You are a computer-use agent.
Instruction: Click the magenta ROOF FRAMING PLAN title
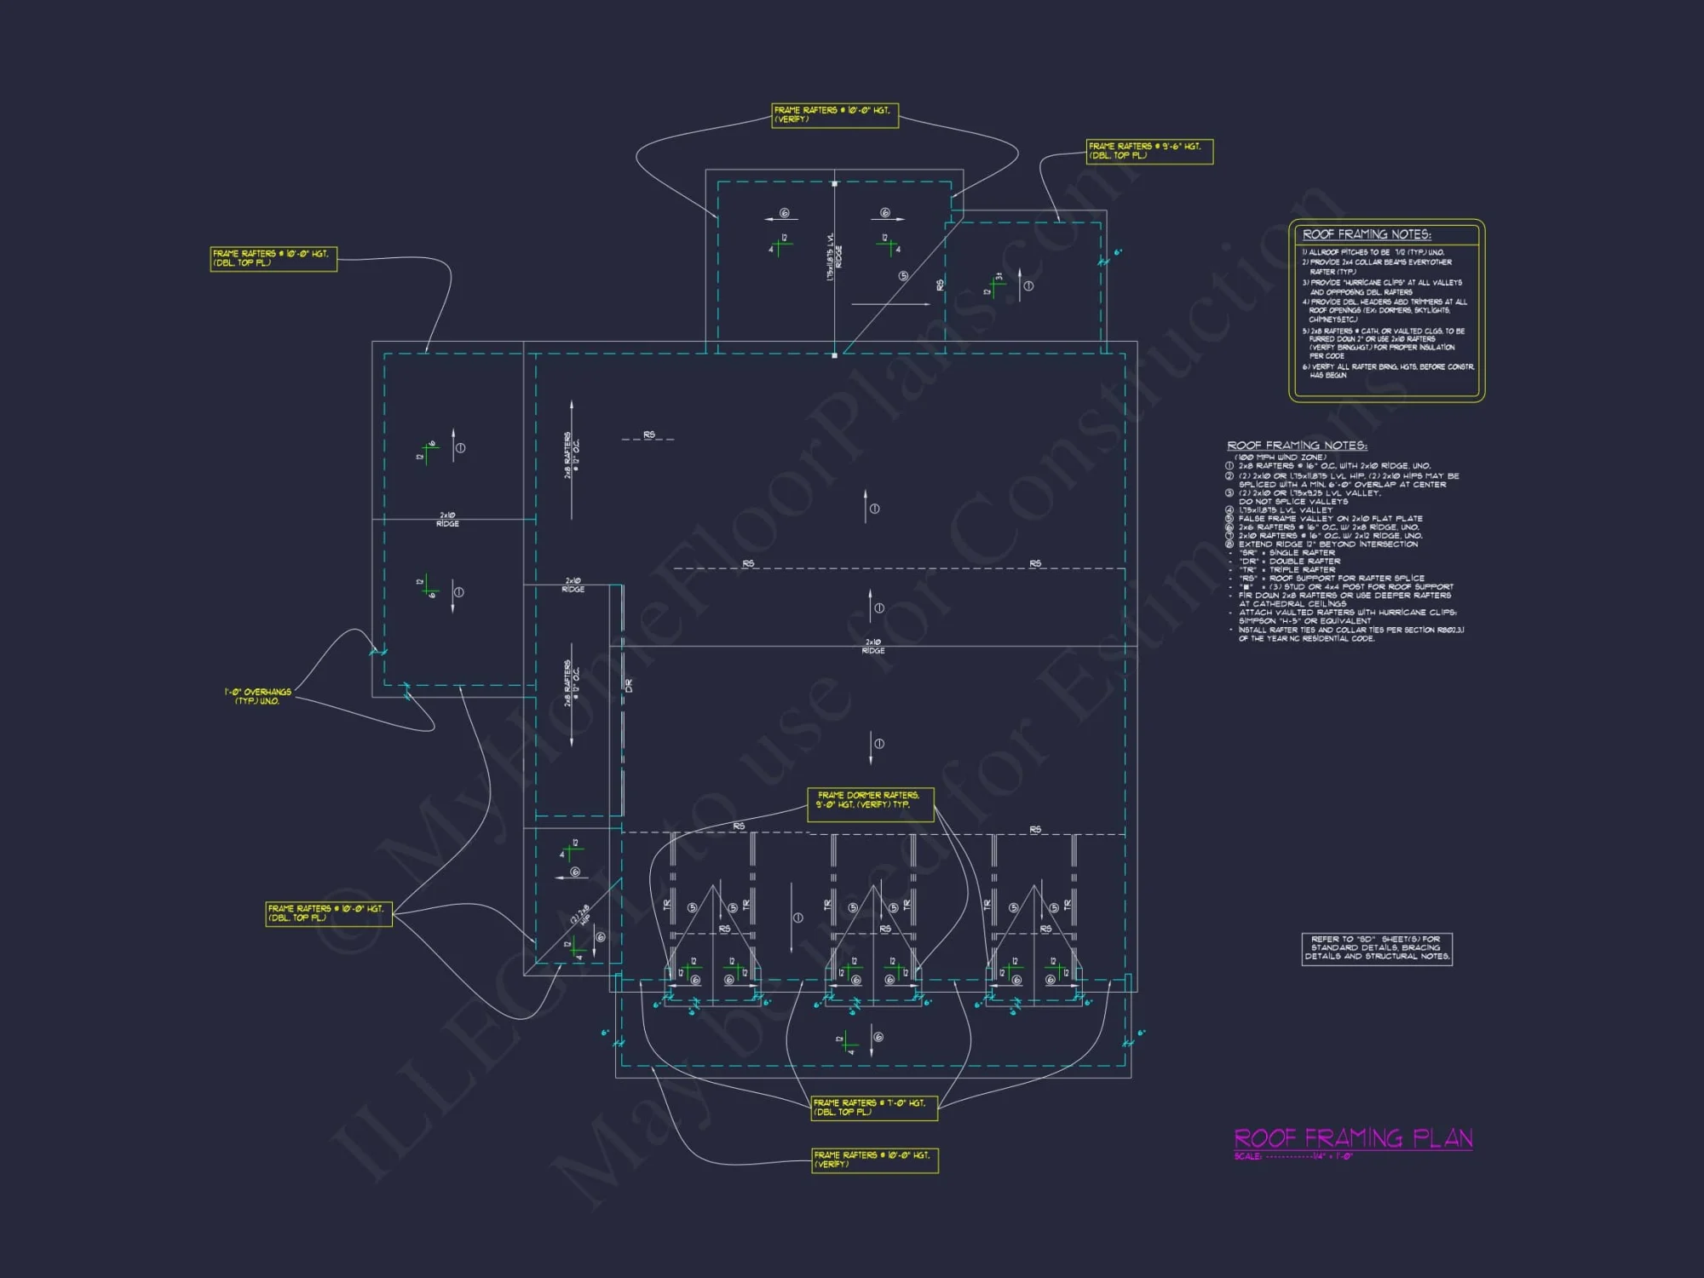1353,1138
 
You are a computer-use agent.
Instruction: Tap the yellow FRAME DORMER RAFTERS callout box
870,804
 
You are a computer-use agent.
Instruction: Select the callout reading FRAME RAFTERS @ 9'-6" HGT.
1149,152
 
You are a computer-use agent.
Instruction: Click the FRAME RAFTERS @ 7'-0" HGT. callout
874,1108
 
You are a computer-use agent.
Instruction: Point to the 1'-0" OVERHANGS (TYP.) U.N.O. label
258,696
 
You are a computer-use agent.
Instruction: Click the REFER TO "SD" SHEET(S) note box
1377,948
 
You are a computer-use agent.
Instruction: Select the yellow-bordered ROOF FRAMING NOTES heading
1367,234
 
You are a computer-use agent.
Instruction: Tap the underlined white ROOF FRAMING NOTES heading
1297,446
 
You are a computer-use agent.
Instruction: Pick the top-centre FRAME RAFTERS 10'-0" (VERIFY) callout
835,115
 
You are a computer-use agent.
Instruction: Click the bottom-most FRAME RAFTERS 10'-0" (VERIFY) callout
874,1160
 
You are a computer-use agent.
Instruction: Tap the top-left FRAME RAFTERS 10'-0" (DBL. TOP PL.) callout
273,259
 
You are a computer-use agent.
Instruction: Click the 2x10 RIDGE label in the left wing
448,520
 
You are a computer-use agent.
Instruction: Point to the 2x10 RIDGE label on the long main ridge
873,647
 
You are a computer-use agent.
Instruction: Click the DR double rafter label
629,685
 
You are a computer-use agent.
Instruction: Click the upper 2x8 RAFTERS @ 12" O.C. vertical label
571,455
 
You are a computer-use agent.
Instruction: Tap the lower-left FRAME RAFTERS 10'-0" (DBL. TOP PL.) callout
329,913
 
